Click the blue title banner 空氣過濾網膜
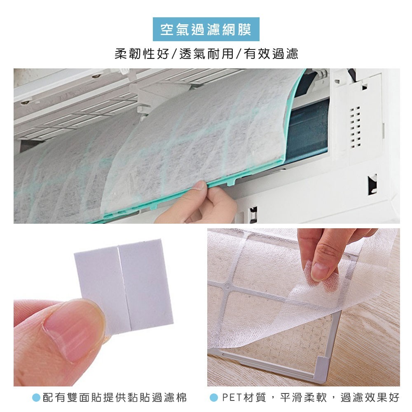pos(206,29)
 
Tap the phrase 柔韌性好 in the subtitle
pos(142,54)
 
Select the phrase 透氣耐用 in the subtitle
pos(206,54)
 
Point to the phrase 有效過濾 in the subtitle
pos(271,54)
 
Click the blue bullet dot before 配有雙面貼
pos(36,398)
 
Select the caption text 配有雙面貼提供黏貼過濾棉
pos(115,398)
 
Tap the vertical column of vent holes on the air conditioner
pos(355,127)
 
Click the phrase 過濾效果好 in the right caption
pos(370,398)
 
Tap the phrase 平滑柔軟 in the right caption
pos(304,398)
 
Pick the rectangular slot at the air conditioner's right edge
pos(372,185)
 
